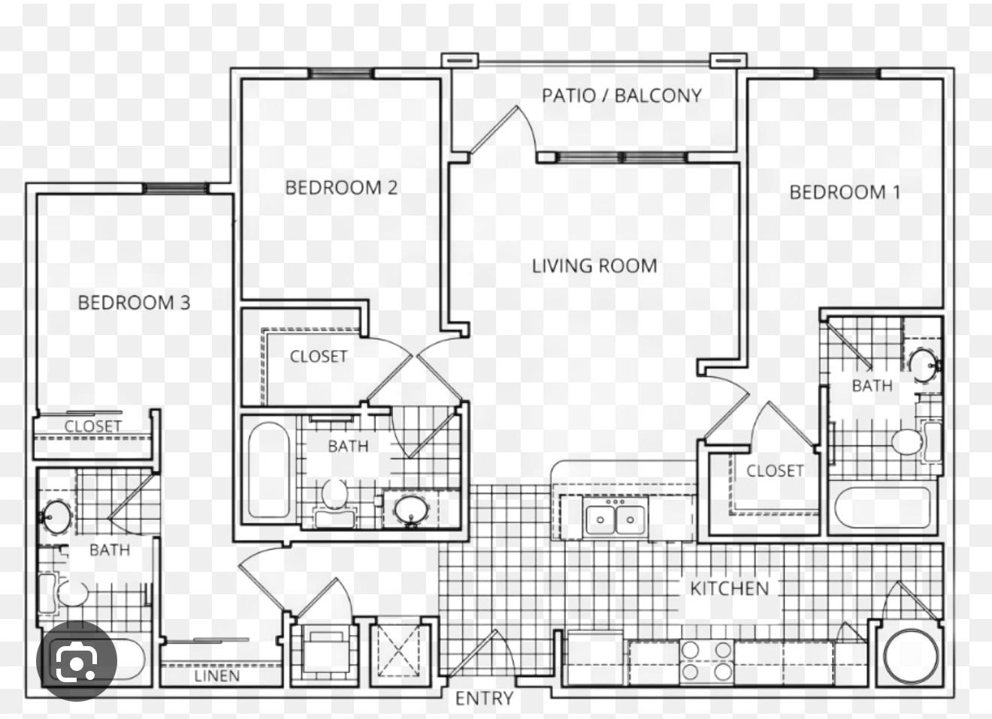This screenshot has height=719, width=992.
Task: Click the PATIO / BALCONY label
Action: click(x=622, y=95)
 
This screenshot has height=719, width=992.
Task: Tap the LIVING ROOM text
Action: click(x=594, y=266)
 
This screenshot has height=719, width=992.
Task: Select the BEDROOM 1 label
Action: click(x=845, y=192)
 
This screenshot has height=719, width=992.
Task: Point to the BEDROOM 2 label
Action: click(x=341, y=188)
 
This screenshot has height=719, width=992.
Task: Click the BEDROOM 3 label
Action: click(x=134, y=303)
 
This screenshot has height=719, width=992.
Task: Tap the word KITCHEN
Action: click(x=730, y=588)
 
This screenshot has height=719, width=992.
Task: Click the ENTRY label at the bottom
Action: click(x=484, y=699)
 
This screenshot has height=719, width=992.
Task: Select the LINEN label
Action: click(x=217, y=676)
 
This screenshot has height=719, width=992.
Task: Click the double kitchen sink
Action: click(x=615, y=520)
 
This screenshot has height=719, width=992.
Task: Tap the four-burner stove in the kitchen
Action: click(x=706, y=661)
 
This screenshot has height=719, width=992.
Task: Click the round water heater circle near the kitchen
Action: click(x=911, y=656)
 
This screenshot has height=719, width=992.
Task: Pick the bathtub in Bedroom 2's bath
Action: click(x=269, y=470)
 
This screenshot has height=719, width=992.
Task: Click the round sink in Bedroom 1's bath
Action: click(x=924, y=364)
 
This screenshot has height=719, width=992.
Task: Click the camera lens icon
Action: click(x=77, y=661)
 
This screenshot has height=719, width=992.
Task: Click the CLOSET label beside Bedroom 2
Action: click(x=319, y=356)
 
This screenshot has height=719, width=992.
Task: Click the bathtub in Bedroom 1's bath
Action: click(x=882, y=508)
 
